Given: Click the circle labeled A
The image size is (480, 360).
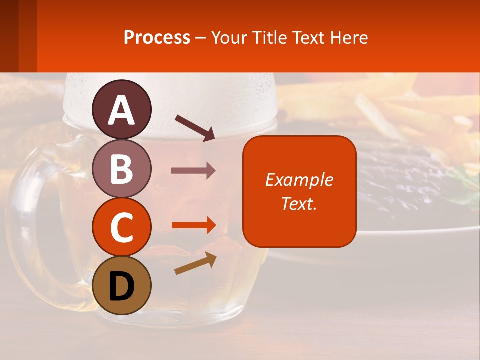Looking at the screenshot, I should click(x=122, y=109).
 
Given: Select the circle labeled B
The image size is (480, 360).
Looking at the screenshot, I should click(x=122, y=168).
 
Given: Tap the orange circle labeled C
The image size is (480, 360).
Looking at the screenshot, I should click(x=122, y=226).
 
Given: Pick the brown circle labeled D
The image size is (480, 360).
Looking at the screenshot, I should click(x=122, y=285).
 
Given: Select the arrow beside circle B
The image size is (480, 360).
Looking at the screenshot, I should click(x=193, y=171).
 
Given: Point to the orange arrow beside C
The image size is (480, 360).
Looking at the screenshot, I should click(x=193, y=225).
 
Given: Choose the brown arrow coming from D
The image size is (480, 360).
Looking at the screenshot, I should click(x=195, y=264).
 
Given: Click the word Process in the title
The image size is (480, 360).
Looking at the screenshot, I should click(x=157, y=38).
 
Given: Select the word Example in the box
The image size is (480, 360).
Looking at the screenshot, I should click(x=299, y=180).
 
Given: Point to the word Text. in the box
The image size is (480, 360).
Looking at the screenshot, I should click(x=299, y=203).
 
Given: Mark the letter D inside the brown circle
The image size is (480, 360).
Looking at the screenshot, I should click(x=122, y=286).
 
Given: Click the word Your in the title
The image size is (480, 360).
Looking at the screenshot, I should click(x=229, y=38).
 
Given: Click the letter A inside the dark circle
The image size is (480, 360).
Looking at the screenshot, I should click(x=122, y=110).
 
